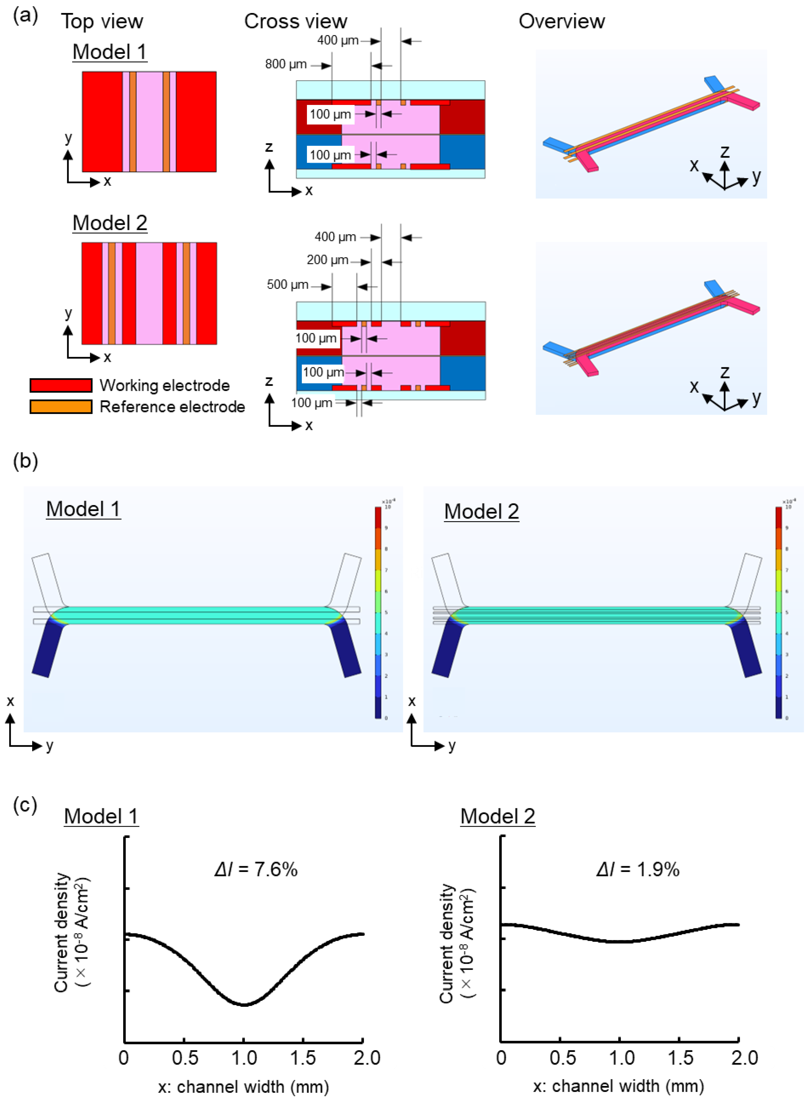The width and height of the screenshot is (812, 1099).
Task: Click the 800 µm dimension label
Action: coord(286,64)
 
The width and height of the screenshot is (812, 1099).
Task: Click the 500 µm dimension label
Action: coord(287,285)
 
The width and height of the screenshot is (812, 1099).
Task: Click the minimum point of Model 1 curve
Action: coord(244,1004)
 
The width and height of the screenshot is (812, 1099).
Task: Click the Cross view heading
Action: coord(296,21)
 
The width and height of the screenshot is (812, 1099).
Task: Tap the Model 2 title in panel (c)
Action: coord(497,816)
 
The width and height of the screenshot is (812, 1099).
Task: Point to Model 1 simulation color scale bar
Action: coord(378,612)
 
